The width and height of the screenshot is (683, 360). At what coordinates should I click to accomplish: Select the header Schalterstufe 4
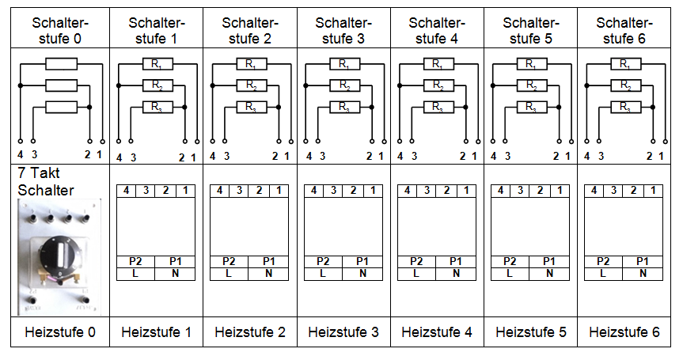point(436,29)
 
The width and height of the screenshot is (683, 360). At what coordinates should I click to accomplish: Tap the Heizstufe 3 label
point(343,332)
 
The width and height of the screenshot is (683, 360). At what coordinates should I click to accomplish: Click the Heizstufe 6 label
point(624,332)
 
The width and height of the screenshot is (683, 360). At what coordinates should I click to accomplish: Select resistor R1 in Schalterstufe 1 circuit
point(157,64)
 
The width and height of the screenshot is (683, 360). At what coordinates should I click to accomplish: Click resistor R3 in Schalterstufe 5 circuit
point(532,106)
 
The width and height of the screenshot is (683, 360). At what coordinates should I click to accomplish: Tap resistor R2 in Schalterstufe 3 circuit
point(343,85)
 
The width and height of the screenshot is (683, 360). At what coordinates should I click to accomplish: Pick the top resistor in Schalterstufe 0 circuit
point(63,64)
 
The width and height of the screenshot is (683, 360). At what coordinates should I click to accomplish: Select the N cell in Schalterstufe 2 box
point(268,273)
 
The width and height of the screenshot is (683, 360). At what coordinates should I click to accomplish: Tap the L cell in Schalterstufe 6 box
point(603,273)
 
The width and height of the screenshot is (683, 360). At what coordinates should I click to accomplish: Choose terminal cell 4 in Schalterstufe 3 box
point(314,191)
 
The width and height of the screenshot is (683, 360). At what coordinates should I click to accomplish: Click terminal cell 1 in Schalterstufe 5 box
point(559,191)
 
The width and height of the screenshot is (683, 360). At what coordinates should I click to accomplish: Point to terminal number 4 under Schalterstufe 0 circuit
point(20,157)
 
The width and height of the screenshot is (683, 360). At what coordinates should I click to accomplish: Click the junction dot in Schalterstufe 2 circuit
point(278,106)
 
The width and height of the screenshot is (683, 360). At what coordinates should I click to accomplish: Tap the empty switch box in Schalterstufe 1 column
point(155,225)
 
